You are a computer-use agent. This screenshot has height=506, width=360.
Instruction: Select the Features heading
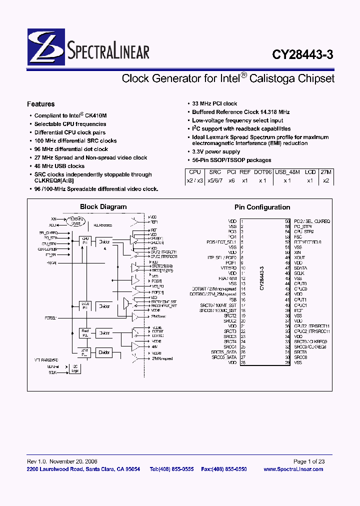(x=40, y=104)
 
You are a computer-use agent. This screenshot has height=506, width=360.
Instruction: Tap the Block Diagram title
(x=103, y=207)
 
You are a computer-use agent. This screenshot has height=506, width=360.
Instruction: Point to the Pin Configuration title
(x=262, y=207)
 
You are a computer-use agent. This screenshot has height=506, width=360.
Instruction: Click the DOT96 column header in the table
(x=263, y=171)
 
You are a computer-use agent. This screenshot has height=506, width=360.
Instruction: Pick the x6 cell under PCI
(x=230, y=180)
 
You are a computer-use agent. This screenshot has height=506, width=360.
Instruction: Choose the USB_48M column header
(x=287, y=171)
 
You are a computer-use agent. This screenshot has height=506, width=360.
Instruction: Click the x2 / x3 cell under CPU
(x=195, y=180)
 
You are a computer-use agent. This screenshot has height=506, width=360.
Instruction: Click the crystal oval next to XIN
(x=76, y=221)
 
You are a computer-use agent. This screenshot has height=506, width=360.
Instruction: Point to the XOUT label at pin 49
(x=300, y=257)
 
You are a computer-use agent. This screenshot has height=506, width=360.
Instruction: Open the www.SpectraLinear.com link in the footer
(x=293, y=469)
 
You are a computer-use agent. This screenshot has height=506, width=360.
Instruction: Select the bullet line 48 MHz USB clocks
(x=59, y=166)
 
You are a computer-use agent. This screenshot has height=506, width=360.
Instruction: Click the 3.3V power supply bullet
(x=216, y=151)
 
